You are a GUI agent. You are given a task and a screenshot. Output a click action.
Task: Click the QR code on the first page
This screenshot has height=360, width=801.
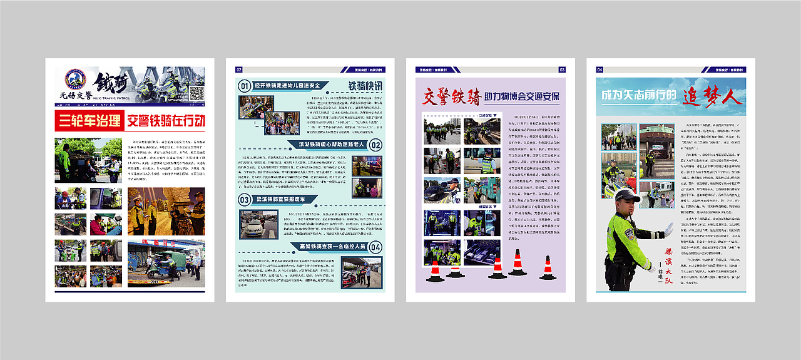(196, 94)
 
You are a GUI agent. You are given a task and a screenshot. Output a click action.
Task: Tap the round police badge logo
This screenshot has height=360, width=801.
(76, 80)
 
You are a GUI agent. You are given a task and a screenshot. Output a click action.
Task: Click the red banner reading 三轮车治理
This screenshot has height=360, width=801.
(88, 121)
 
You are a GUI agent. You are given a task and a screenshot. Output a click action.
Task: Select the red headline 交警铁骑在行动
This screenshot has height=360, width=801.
(165, 121)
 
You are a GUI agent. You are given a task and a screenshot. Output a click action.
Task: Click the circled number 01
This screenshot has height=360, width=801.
(245, 86)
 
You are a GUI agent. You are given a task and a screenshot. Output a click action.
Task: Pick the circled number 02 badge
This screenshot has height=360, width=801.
(375, 145)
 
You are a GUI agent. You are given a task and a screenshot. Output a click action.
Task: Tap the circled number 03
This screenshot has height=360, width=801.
(245, 200)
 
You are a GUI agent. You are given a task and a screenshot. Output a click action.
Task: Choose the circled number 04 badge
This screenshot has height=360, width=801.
(375, 247)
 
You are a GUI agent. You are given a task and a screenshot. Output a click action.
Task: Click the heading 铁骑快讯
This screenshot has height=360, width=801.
(365, 86)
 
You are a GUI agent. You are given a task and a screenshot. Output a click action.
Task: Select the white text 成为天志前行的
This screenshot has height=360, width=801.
(639, 96)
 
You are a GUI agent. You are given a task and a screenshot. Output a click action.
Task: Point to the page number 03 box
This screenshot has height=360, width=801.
(562, 69)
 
